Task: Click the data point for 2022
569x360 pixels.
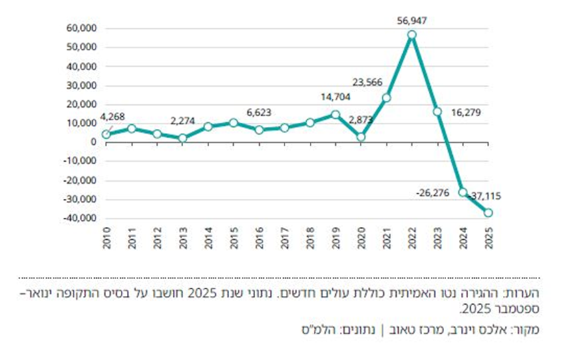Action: (411, 35)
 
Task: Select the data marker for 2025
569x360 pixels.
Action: (488, 212)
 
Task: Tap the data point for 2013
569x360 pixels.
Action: (182, 138)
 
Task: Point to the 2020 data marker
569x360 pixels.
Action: (361, 137)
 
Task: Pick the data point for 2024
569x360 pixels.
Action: (463, 192)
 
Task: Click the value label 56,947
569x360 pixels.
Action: (412, 21)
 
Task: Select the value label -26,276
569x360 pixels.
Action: (433, 193)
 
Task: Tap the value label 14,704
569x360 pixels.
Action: (335, 97)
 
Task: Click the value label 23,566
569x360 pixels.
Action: (367, 82)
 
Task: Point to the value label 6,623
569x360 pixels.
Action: (258, 112)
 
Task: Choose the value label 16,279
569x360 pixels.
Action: (466, 112)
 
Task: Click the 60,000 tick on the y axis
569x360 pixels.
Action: (81, 28)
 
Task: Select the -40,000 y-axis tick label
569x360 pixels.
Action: (80, 218)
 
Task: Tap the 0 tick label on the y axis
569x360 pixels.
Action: (94, 142)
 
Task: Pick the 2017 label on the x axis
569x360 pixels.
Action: (284, 238)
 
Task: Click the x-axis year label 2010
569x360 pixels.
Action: (106, 238)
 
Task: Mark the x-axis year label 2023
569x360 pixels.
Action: (437, 238)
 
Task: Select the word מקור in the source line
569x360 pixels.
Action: (526, 330)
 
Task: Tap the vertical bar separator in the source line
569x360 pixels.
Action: (382, 330)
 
